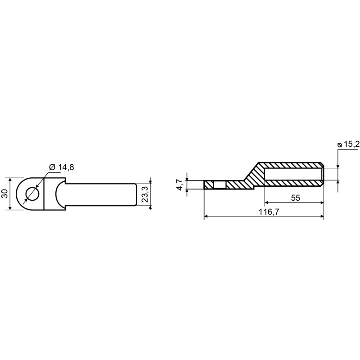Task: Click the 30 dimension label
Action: (5, 194)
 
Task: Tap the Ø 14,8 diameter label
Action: (62, 167)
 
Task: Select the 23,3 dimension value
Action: (145, 194)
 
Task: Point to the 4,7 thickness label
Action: (180, 184)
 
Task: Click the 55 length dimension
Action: (296, 198)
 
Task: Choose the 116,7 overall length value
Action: (269, 211)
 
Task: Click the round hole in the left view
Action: (32, 194)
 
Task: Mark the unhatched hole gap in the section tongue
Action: (220, 185)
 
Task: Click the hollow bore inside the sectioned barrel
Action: (294, 174)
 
